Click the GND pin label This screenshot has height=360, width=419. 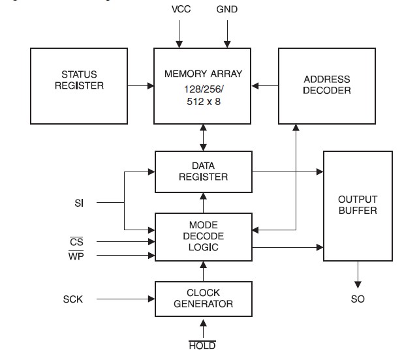(226, 10)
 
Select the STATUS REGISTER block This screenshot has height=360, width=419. (79, 85)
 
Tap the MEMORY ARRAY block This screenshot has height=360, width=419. (203, 85)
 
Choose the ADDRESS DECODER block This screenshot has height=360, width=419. (327, 85)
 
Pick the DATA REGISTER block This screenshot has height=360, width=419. (203, 172)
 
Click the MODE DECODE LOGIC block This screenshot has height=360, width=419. (203, 235)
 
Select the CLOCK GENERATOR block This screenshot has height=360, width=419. (203, 299)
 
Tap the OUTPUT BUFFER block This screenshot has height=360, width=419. (357, 205)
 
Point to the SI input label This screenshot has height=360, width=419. (80, 203)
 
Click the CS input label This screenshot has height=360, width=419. (76, 241)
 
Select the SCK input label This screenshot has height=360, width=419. (74, 299)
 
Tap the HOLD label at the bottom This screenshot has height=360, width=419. (202, 346)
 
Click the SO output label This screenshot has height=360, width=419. (357, 299)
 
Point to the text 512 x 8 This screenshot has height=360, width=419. (203, 102)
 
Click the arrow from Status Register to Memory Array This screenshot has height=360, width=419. (140, 85)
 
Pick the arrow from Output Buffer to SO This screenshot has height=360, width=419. (357, 274)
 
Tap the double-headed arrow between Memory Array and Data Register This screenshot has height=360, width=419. (203, 137)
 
